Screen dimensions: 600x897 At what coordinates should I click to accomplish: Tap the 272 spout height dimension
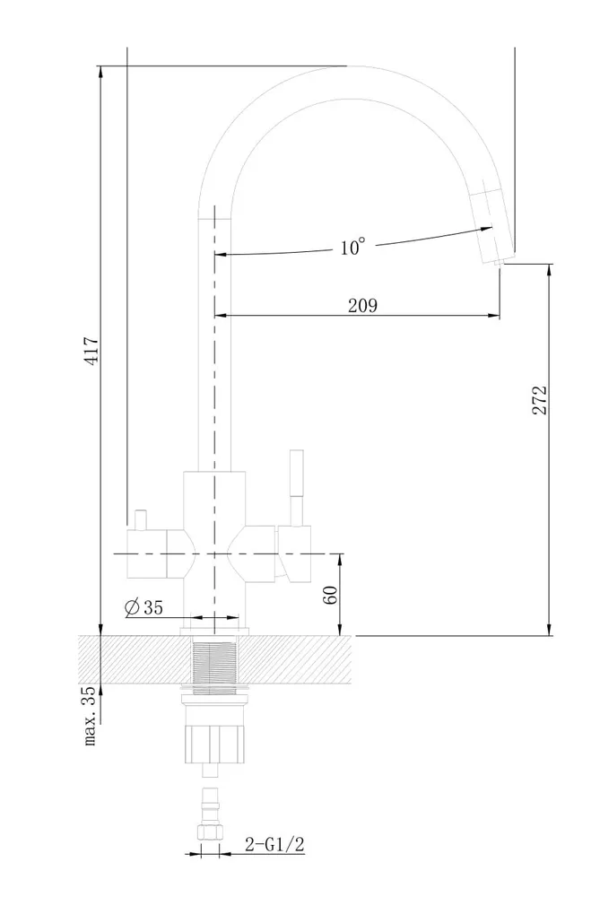539,400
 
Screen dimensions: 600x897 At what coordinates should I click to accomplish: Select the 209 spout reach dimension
362,306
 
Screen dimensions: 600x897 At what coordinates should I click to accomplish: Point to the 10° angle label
352,248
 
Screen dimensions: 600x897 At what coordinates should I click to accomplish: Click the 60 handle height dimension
332,595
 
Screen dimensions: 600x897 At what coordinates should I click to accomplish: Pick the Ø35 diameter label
143,607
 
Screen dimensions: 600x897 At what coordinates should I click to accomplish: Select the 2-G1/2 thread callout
274,844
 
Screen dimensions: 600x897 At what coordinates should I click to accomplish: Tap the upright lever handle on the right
296,487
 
